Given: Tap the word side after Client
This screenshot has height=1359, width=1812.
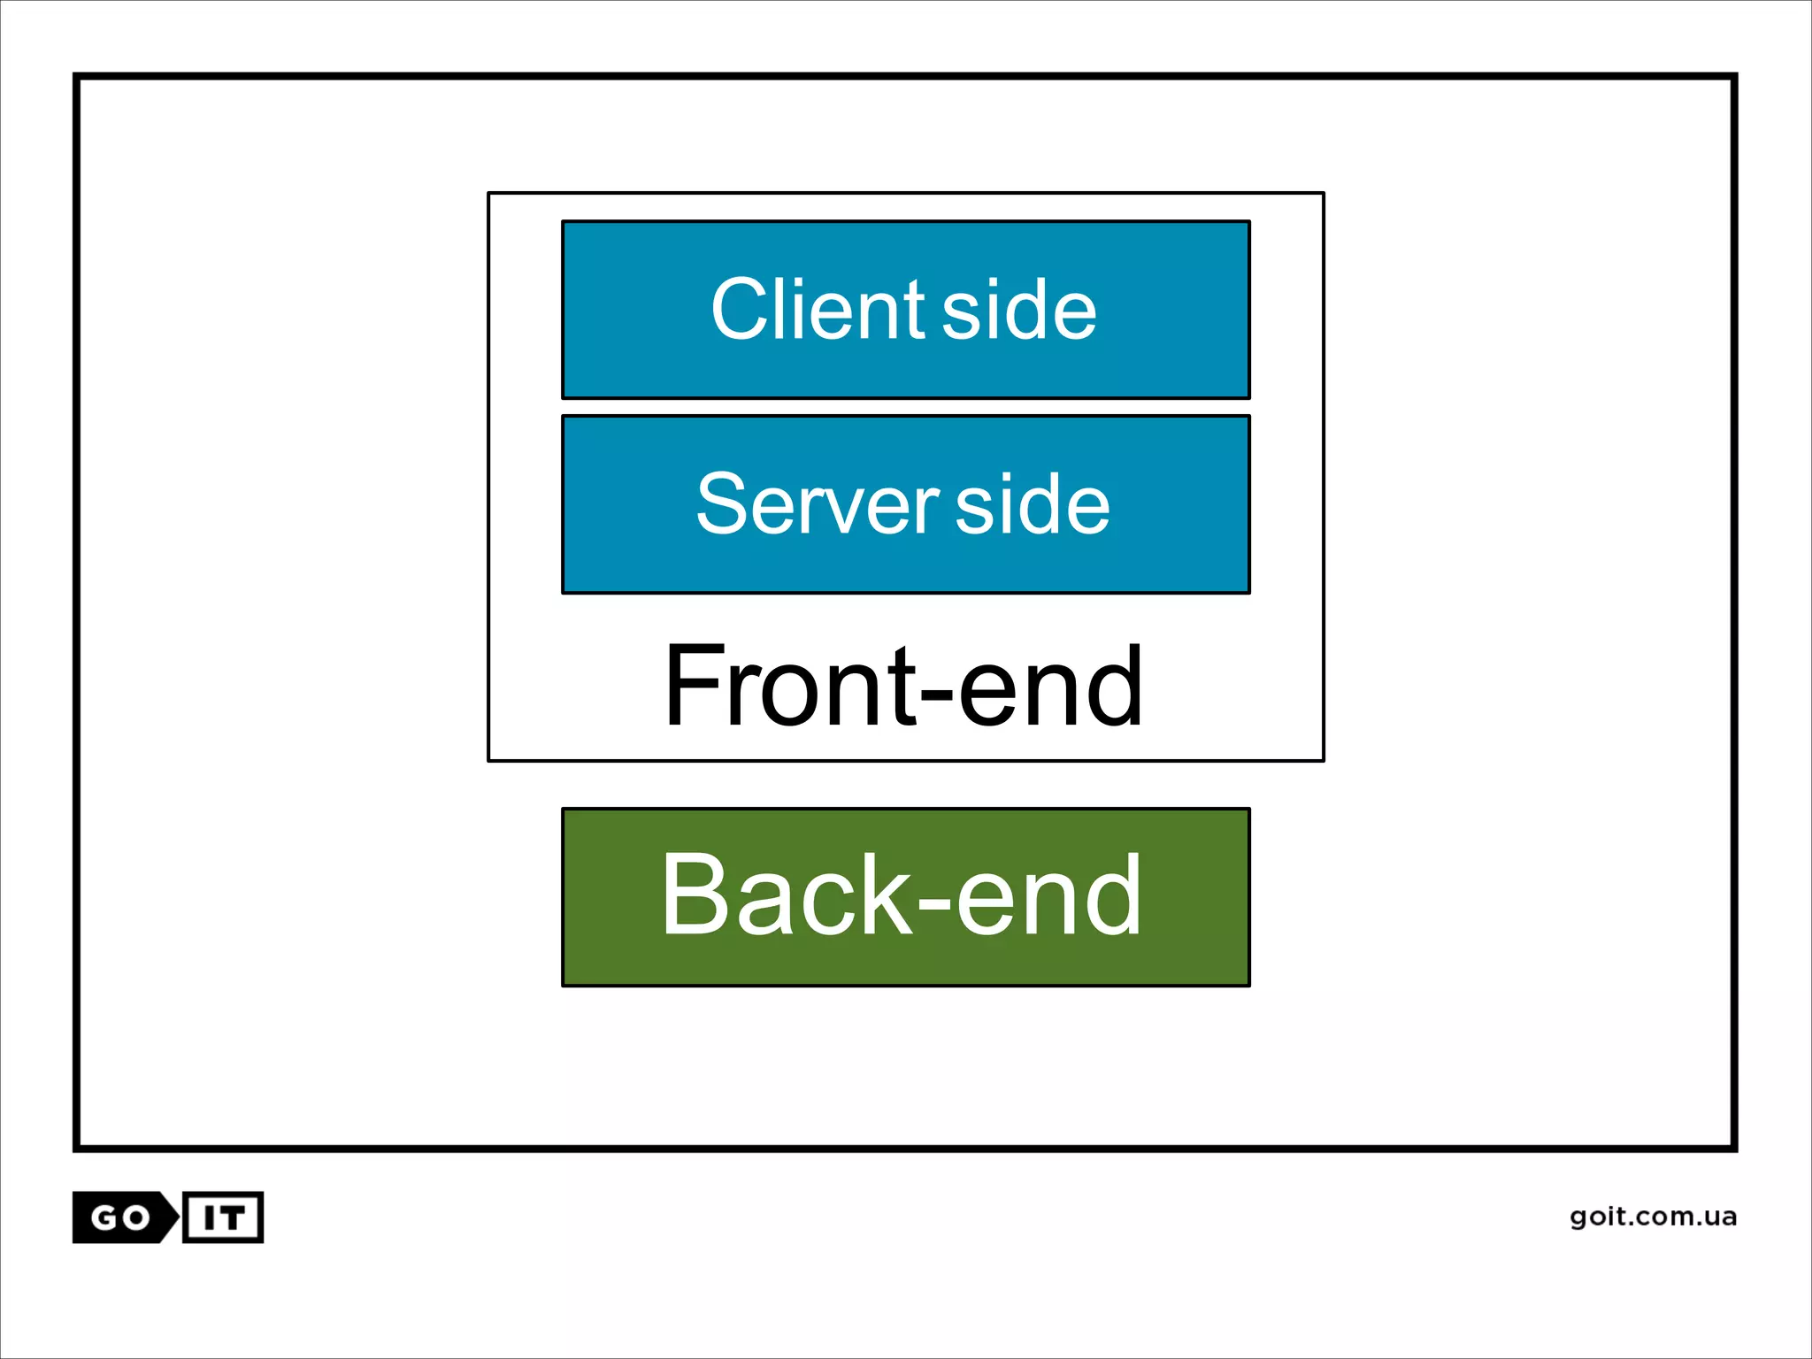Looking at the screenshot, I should point(1019,310).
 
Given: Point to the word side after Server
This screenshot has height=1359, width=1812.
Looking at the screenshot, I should point(1033,504).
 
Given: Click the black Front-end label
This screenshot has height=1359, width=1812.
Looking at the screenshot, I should point(903,686).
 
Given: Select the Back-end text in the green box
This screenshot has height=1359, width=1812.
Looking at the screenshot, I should point(901,894).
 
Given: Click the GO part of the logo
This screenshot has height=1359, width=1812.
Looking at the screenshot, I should point(122,1218).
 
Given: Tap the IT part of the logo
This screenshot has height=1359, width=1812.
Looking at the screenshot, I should point(223,1218).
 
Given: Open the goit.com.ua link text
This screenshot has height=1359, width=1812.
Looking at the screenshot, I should point(1653,1217).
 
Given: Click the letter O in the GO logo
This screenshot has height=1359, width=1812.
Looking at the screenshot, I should point(136,1218).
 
